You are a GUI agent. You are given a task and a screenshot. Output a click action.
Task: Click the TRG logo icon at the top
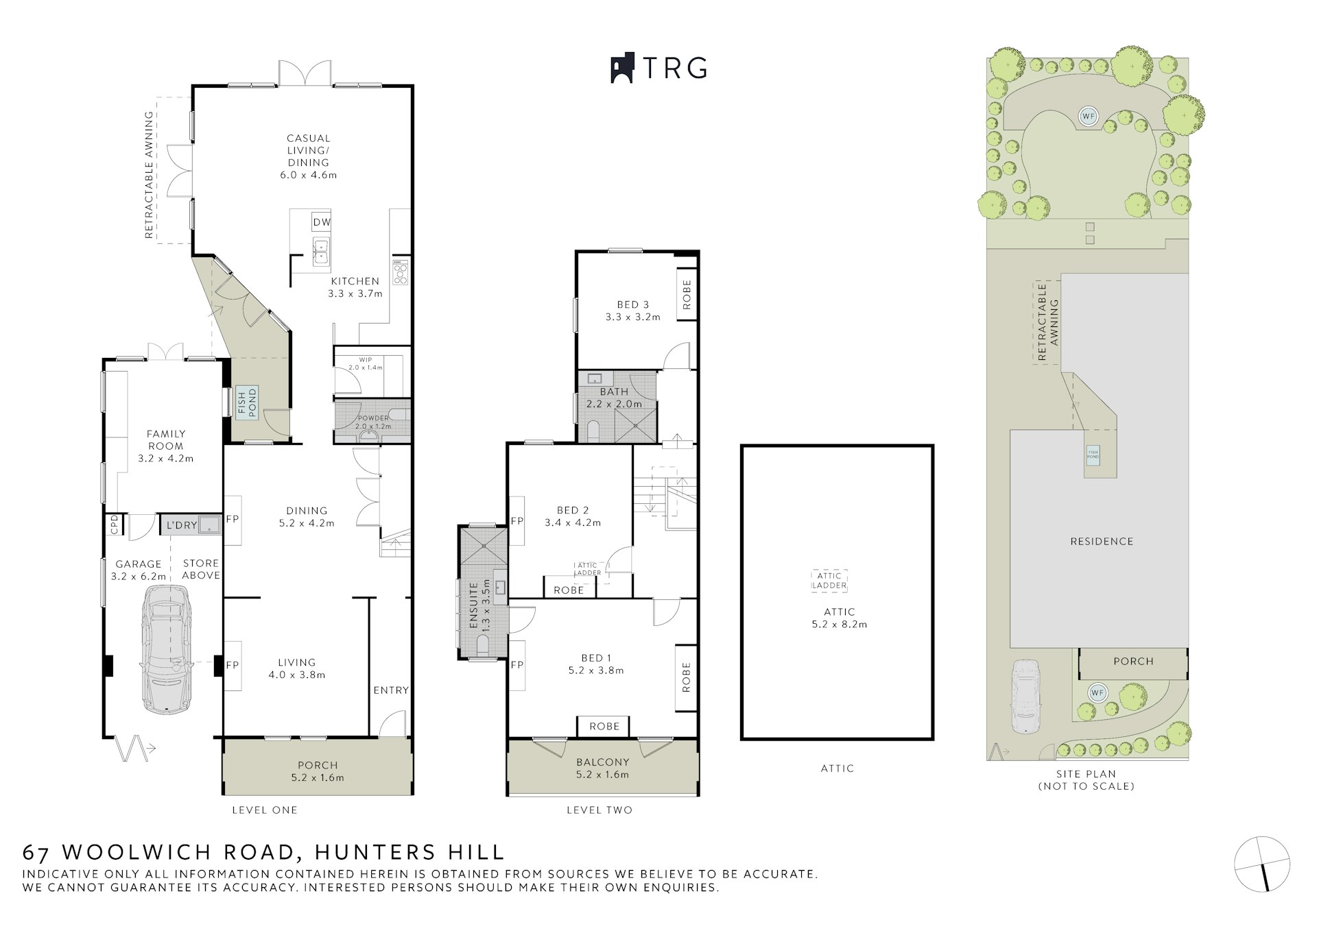click(x=621, y=68)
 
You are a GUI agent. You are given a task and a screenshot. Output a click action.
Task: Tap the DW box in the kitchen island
click(x=321, y=222)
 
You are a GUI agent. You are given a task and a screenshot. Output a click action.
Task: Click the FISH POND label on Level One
click(x=246, y=403)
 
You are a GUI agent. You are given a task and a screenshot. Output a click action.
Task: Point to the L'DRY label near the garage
click(x=182, y=525)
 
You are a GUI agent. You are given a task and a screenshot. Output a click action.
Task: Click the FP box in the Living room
click(x=233, y=665)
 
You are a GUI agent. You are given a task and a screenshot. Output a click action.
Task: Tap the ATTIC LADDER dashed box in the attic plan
click(x=829, y=581)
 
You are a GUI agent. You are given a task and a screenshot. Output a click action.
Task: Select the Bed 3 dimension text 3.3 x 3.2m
click(x=632, y=317)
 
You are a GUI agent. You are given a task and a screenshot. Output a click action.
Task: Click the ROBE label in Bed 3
click(x=687, y=295)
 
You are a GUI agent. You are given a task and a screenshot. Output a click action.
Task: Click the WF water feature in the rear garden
click(x=1088, y=117)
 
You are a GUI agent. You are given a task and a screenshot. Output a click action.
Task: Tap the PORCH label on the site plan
click(x=1133, y=662)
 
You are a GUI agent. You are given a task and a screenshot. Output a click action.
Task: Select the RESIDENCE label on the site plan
click(x=1102, y=542)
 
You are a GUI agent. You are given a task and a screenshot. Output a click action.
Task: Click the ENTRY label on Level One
click(x=391, y=690)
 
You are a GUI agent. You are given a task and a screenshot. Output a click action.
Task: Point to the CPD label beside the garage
click(x=114, y=524)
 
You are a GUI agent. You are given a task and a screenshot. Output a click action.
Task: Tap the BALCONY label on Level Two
click(x=602, y=762)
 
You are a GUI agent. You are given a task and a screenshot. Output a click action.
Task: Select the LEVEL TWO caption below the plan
click(x=599, y=810)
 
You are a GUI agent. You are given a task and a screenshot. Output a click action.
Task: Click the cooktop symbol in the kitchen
click(x=400, y=272)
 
